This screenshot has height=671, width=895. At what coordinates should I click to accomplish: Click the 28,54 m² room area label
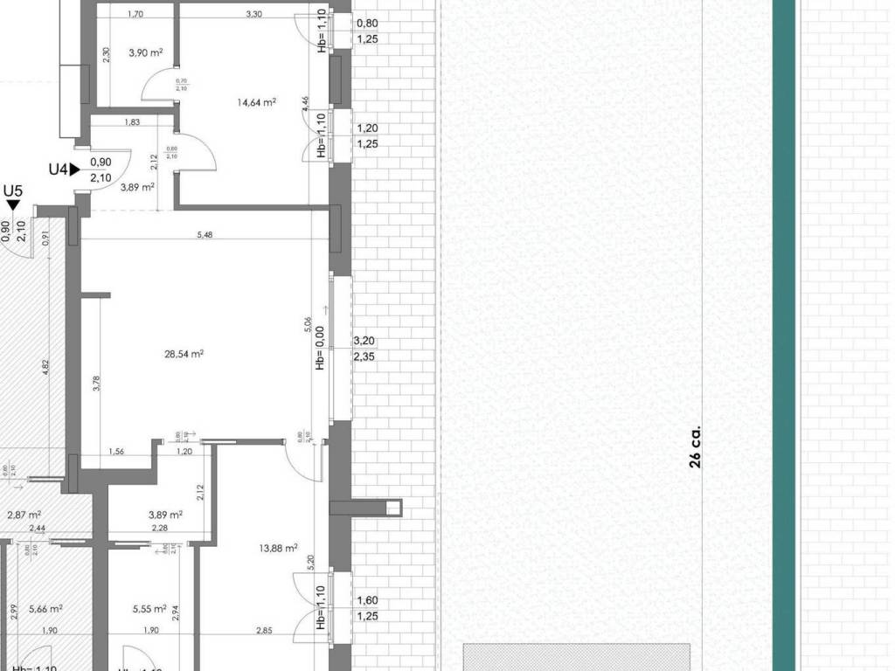[184, 354]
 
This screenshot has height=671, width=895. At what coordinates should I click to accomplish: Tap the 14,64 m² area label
[256, 102]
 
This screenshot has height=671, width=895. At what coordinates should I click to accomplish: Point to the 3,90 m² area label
[146, 53]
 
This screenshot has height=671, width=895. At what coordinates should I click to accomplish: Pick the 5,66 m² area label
[45, 609]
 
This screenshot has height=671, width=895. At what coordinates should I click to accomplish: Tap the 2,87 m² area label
[24, 515]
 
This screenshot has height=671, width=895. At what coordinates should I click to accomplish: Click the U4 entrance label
[59, 169]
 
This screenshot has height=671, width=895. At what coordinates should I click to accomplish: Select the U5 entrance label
[13, 190]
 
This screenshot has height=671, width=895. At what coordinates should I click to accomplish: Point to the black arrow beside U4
[75, 169]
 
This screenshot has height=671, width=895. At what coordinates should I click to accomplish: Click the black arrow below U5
[13, 204]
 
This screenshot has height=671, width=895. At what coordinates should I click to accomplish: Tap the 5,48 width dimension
[205, 234]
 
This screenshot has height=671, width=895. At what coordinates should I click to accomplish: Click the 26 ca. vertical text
[696, 447]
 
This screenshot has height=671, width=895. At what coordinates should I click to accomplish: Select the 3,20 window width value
[364, 342]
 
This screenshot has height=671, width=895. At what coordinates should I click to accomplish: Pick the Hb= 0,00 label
[320, 348]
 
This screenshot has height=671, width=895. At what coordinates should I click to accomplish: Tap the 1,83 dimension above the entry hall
[133, 121]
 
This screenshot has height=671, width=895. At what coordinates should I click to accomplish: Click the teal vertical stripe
[784, 335]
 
